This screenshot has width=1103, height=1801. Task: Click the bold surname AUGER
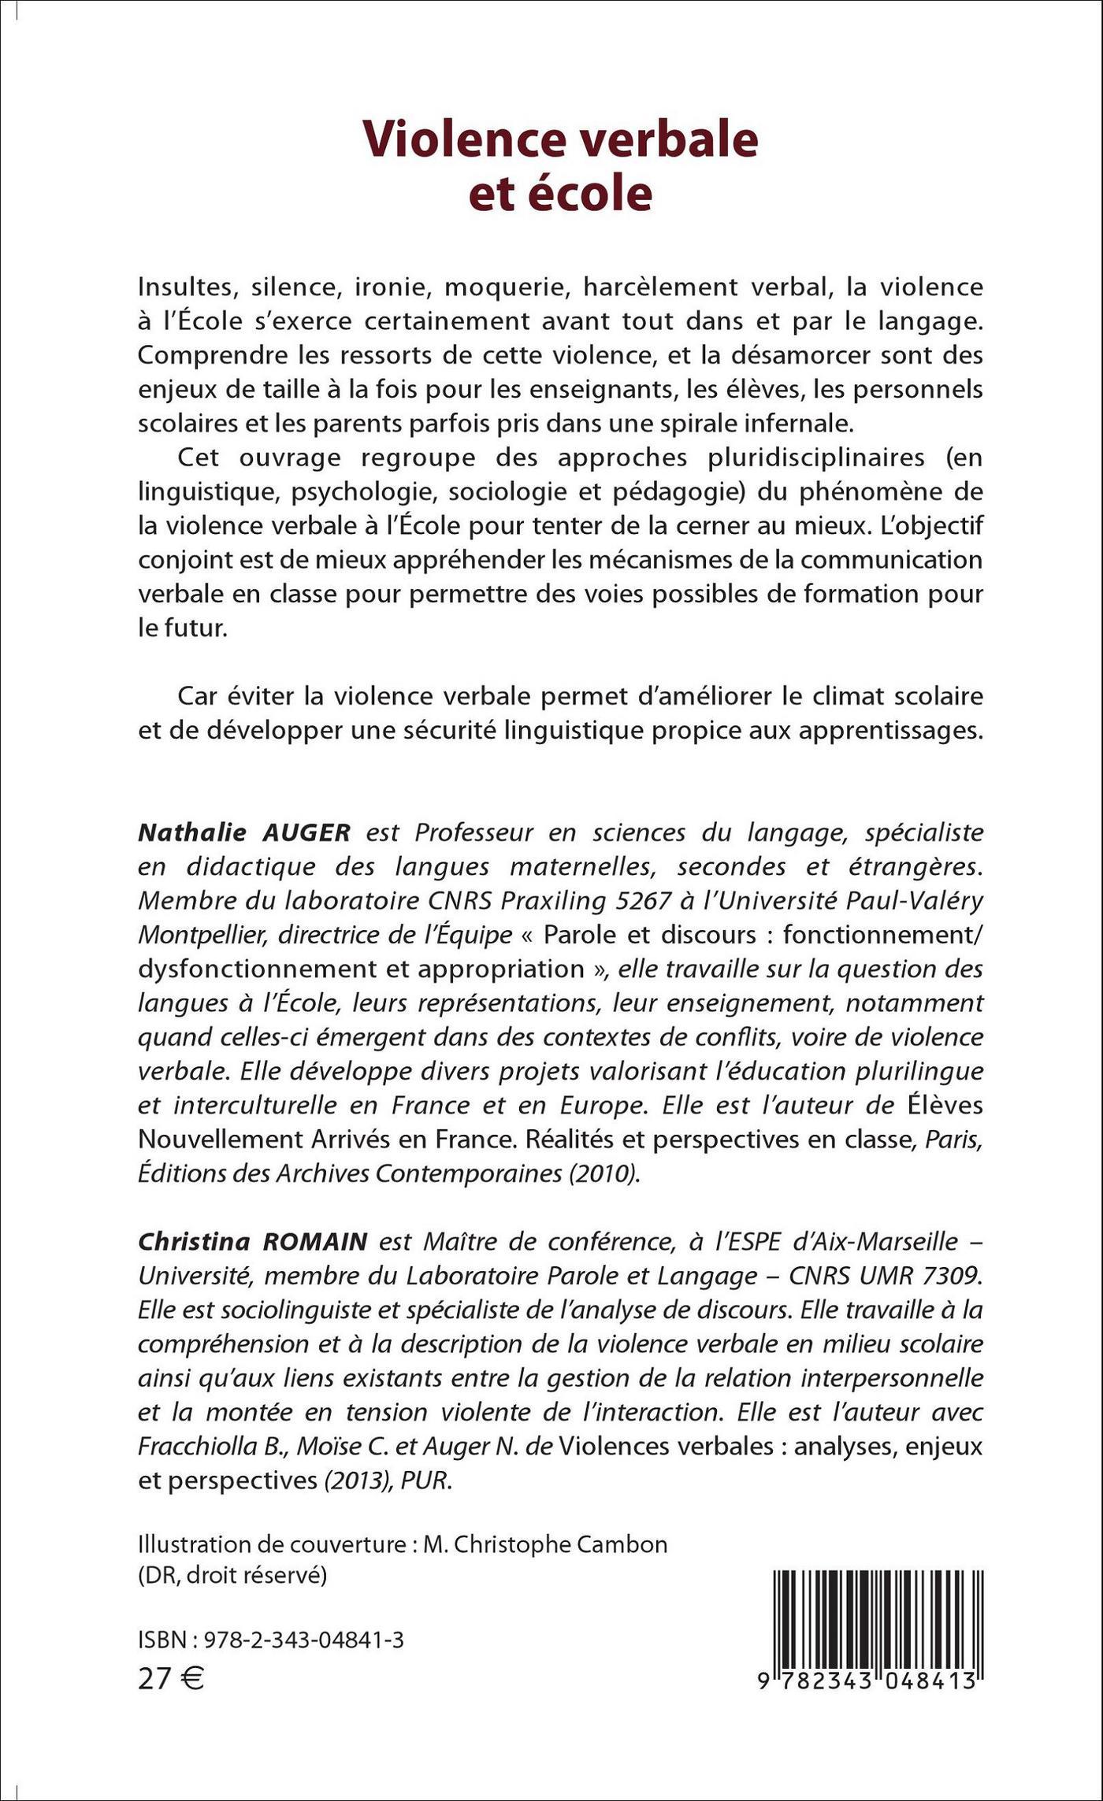pyautogui.click(x=301, y=832)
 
